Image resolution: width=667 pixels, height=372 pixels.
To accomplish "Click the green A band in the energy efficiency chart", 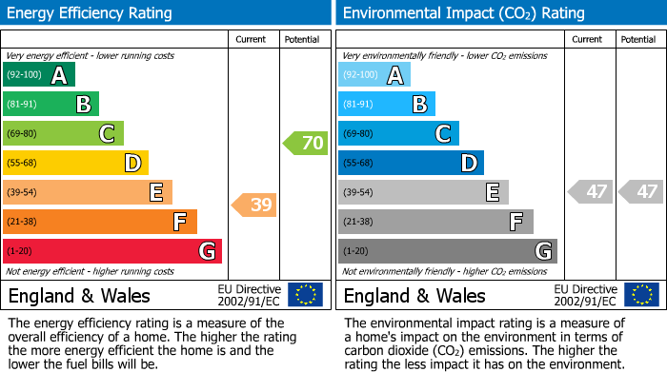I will click(x=38, y=75).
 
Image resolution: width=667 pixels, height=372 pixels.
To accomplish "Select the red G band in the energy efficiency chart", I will click(x=112, y=251).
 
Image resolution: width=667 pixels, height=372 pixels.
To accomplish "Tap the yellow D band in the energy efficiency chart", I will click(x=76, y=164).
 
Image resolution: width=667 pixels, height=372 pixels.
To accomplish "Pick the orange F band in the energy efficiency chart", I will click(x=100, y=223).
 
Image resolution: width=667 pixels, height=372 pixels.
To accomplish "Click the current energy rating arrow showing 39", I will click(x=254, y=205).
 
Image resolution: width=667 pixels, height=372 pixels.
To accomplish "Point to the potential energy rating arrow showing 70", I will click(x=305, y=144).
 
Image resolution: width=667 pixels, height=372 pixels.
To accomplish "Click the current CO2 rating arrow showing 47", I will click(x=591, y=191).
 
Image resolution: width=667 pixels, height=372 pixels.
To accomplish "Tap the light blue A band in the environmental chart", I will click(x=374, y=75).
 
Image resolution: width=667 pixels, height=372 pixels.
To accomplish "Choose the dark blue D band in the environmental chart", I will click(x=411, y=164).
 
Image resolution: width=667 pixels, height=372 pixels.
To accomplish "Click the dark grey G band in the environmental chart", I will click(x=447, y=251).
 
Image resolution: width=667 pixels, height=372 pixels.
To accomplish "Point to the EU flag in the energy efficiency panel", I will click(x=305, y=295).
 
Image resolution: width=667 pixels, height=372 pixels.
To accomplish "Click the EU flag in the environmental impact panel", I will click(x=642, y=295).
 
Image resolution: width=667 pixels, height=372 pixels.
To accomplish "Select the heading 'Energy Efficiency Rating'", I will click(x=91, y=13).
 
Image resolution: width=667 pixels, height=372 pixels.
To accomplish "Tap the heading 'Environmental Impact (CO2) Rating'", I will click(x=463, y=13).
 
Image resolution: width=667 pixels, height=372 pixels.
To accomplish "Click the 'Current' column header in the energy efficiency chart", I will click(x=252, y=40).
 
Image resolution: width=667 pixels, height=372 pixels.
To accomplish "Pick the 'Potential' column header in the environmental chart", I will click(x=637, y=40).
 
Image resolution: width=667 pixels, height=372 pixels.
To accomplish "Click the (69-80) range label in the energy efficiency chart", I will click(x=23, y=134).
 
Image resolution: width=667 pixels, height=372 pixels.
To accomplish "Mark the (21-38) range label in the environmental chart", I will click(x=358, y=222).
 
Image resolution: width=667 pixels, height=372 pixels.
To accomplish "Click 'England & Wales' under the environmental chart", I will click(x=414, y=296).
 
